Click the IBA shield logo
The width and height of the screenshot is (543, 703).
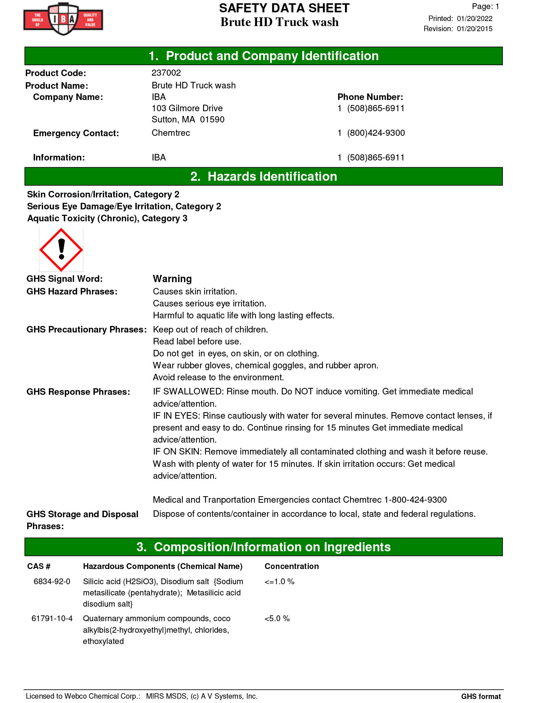[63, 19]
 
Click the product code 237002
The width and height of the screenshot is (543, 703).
[166, 73]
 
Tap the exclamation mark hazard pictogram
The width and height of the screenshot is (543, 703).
[61, 250]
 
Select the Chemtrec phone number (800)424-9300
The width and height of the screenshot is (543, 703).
[376, 133]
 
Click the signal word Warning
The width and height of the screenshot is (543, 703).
[172, 279]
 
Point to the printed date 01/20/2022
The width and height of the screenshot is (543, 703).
[475, 18]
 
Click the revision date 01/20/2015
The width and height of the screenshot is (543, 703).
[475, 29]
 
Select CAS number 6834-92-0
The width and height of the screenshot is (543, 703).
[52, 581]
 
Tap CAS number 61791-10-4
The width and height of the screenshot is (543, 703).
[52, 618]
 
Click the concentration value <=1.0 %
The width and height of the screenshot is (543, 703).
[279, 581]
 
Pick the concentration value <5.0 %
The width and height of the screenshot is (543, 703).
[277, 618]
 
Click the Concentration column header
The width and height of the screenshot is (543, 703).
[291, 566]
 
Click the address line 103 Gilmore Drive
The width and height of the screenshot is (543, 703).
[187, 108]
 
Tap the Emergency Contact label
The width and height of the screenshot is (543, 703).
[76, 133]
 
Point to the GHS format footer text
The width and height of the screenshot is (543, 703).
[481, 696]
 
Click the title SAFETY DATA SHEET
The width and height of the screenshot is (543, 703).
[284, 8]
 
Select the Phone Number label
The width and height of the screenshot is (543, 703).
[370, 97]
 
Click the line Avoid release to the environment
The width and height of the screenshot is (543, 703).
[218, 377]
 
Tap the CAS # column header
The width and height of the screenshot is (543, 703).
[39, 566]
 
